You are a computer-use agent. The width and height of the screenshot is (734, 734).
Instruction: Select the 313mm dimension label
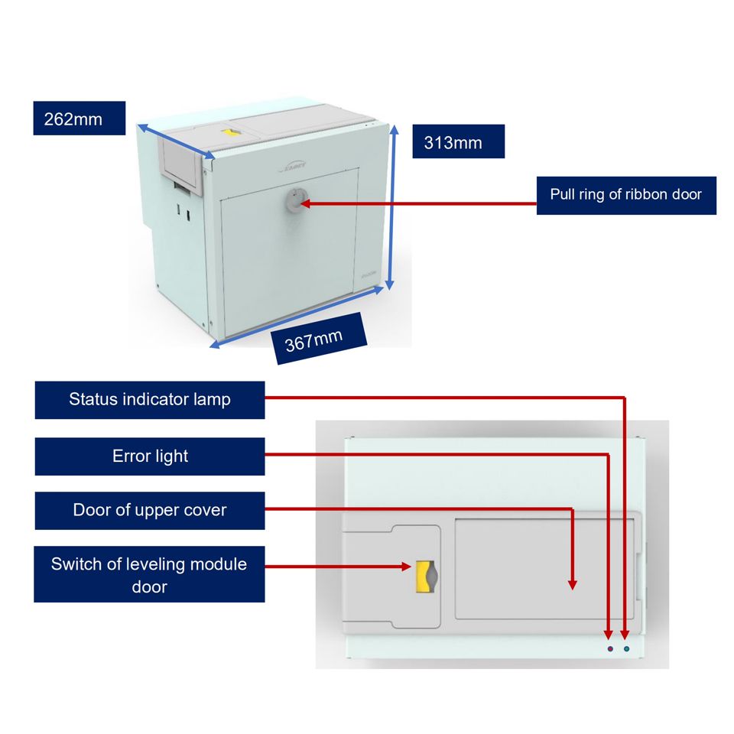(458, 141)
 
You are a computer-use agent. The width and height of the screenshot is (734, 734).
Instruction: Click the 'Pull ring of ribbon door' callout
(625, 194)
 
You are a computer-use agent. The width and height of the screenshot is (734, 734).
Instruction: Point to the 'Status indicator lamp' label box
(150, 400)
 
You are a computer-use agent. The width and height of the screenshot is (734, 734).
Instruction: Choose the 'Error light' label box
(150, 456)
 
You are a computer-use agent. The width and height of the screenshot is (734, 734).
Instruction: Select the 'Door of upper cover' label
(150, 510)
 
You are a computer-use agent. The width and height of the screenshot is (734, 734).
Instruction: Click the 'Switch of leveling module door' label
(150, 575)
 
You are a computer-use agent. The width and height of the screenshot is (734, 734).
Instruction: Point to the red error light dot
(609, 648)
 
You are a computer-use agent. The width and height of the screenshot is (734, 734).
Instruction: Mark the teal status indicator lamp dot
(627, 648)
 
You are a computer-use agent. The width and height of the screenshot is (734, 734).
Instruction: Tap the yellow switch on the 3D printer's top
(229, 133)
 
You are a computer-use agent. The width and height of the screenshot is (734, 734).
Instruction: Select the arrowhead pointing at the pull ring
(307, 203)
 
